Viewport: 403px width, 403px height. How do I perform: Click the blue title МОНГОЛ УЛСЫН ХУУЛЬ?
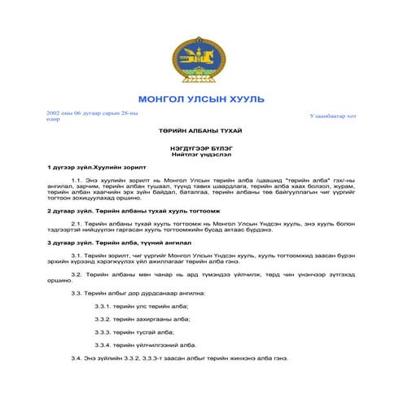pyautogui.click(x=201, y=99)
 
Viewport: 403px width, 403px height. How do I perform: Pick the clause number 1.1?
pyautogui.click(x=79, y=178)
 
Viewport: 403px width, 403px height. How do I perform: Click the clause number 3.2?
pyautogui.click(x=79, y=274)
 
